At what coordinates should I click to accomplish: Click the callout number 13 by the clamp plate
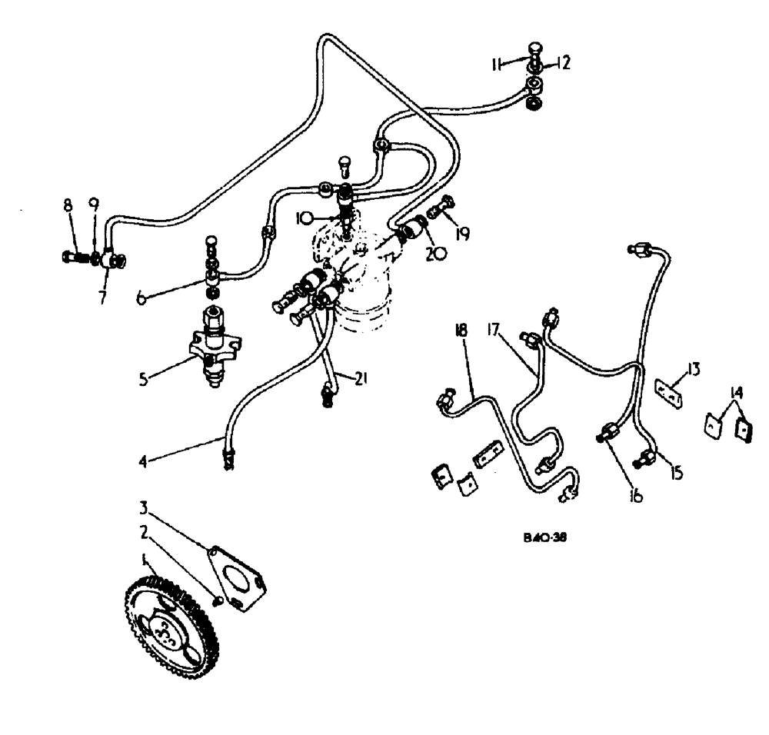click(x=694, y=371)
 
